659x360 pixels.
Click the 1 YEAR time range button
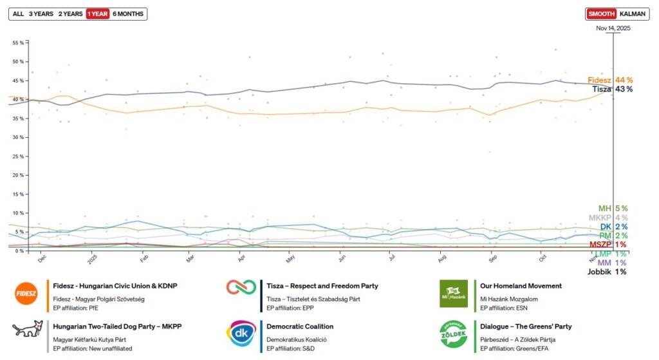pyautogui.click(x=97, y=14)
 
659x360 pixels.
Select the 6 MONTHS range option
pyautogui.click(x=128, y=14)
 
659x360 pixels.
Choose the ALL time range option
pyautogui.click(x=18, y=14)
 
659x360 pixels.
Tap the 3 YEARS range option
pyautogui.click(x=41, y=14)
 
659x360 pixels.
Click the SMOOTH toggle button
pyautogui.click(x=601, y=14)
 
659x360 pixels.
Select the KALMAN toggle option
pyautogui.click(x=632, y=14)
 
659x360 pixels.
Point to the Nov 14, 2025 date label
pyautogui.click(x=613, y=28)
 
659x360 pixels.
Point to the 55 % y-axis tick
pyautogui.click(x=18, y=43)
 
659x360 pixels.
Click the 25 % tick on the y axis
pyautogui.click(x=18, y=156)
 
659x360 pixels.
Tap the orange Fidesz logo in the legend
pyautogui.click(x=26, y=293)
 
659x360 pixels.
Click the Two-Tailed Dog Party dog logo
pyautogui.click(x=26, y=331)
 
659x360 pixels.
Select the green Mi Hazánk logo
pyautogui.click(x=453, y=293)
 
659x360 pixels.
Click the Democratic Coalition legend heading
pyautogui.click(x=300, y=327)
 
